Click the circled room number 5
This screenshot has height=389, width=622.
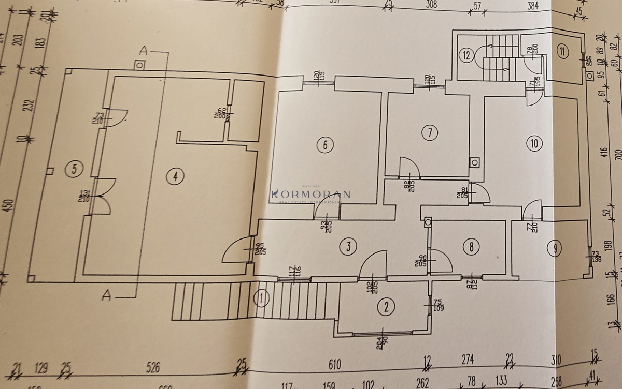coord(75,168)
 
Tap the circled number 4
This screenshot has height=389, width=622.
coord(175,176)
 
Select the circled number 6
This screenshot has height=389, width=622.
coord(325,145)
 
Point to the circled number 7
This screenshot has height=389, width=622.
coord(429,133)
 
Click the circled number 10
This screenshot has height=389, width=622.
coord(534,143)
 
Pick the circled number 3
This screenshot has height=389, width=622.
coord(348,247)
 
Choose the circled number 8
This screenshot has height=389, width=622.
coord(471,247)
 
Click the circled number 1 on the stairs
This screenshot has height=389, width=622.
coord(262,297)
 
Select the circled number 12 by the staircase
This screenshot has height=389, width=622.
coord(467,55)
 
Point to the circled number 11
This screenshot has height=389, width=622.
coord(563,51)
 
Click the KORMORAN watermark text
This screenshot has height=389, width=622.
coord(311,194)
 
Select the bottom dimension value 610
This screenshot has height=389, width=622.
coord(334,365)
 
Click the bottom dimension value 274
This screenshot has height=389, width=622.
coord(467,358)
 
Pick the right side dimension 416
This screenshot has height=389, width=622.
coord(604,153)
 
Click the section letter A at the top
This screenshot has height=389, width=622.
coord(145,51)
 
